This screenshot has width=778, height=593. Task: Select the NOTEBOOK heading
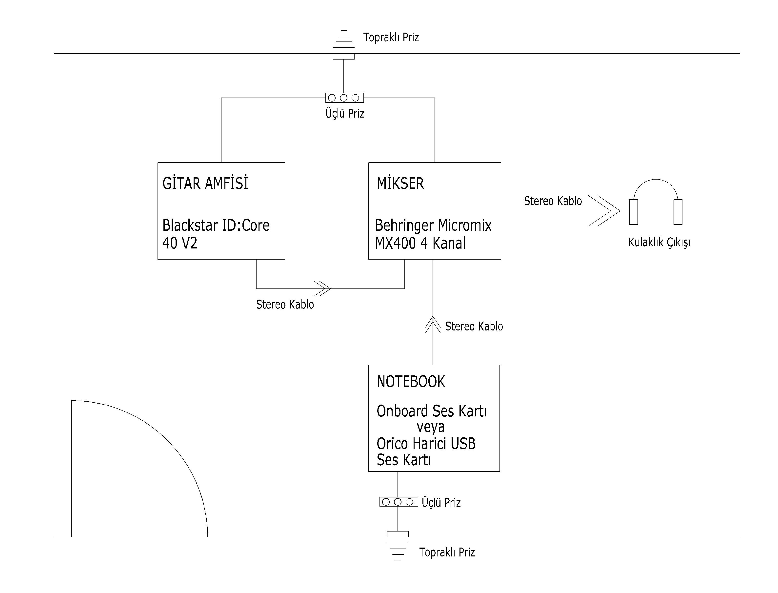[411, 382]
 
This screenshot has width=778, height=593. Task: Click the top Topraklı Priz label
[391, 37]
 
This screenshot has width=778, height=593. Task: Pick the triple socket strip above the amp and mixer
[344, 98]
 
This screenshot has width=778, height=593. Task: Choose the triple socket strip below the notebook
[399, 502]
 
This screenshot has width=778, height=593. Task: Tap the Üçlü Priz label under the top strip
[345, 113]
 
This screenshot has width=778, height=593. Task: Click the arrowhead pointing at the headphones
[604, 211]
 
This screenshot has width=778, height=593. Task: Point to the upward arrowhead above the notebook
[433, 325]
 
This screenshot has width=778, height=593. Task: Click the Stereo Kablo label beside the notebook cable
[474, 326]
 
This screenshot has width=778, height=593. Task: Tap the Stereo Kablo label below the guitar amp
[285, 304]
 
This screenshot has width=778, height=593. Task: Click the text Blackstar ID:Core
[216, 225]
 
